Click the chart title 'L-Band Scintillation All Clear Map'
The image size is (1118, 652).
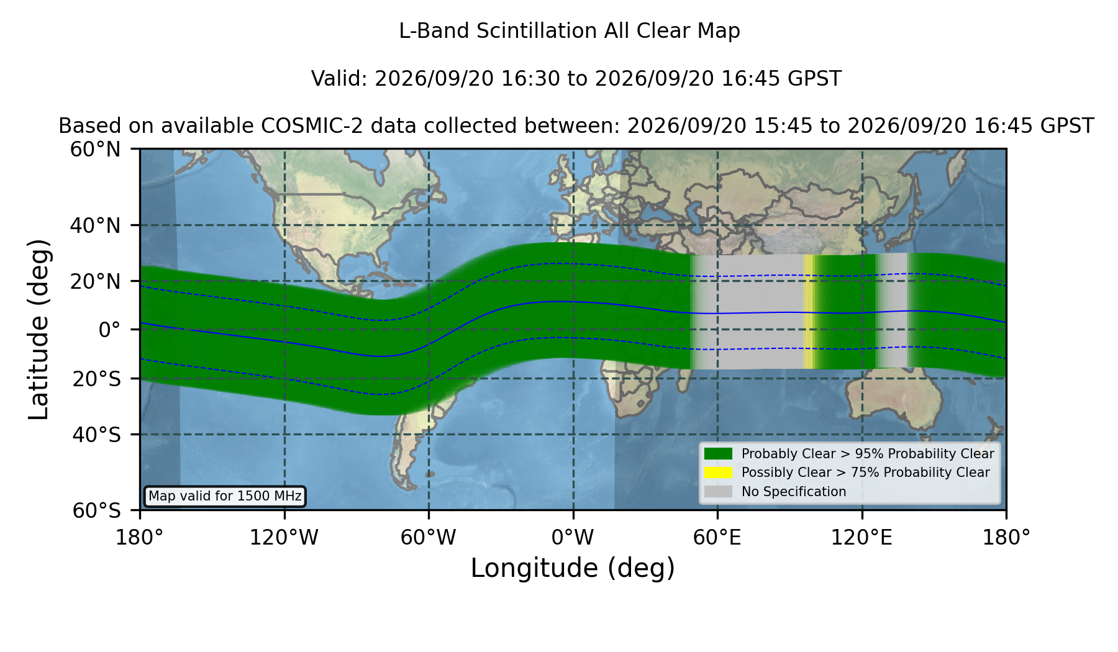(x=570, y=31)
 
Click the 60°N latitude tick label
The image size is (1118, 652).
(x=95, y=150)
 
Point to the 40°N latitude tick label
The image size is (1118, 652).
(x=95, y=225)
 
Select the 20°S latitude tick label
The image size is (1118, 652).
(x=96, y=379)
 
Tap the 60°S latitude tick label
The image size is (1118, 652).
(x=96, y=510)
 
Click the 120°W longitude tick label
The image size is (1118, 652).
(x=284, y=537)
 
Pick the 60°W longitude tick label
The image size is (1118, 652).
(x=428, y=537)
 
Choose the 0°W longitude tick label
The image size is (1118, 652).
(x=573, y=537)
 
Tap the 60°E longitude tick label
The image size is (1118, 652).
(x=717, y=537)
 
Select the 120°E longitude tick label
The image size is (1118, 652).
(x=861, y=537)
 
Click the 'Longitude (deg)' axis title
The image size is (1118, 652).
(x=573, y=568)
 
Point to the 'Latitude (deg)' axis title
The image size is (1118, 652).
(x=39, y=329)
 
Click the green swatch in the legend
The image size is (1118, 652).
(x=718, y=453)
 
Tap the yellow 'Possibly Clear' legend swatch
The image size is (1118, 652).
(x=718, y=473)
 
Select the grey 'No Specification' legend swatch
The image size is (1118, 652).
(x=718, y=492)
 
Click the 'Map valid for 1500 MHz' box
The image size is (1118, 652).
(x=225, y=496)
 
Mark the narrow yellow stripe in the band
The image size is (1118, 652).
(x=808, y=312)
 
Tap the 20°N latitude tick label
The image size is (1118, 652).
(x=95, y=281)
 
